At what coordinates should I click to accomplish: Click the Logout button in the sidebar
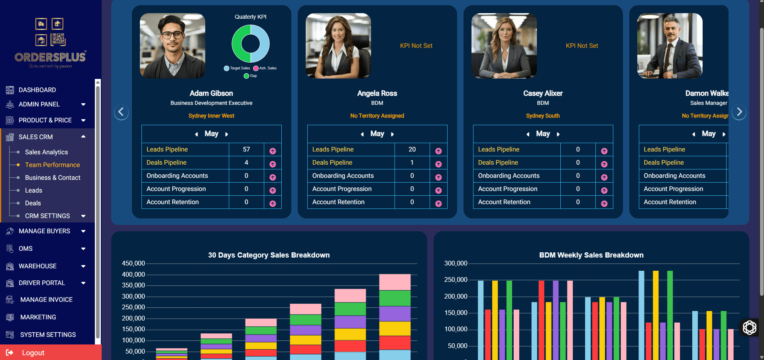click(33, 353)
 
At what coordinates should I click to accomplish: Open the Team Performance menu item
click(52, 165)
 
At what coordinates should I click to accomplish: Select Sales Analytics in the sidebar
click(46, 152)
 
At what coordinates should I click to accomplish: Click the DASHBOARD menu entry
click(37, 90)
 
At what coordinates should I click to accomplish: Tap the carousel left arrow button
click(121, 112)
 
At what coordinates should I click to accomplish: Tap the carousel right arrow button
click(739, 112)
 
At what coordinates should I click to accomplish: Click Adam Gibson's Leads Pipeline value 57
click(246, 149)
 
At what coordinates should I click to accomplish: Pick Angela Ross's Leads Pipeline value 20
click(412, 149)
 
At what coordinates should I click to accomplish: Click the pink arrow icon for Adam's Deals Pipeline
click(273, 164)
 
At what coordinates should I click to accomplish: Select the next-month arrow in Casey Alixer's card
click(558, 134)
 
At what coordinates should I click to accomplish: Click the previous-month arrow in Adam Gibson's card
click(196, 134)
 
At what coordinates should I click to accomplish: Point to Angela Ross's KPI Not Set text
click(416, 46)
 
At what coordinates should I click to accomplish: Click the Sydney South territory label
click(543, 116)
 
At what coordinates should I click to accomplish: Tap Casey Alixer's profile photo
click(504, 46)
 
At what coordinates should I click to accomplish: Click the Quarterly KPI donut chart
click(251, 43)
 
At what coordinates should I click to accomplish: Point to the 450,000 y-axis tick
click(134, 264)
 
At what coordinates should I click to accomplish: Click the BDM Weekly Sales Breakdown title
click(591, 255)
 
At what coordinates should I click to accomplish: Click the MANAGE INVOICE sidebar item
click(46, 299)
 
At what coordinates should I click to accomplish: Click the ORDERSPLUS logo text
click(50, 57)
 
